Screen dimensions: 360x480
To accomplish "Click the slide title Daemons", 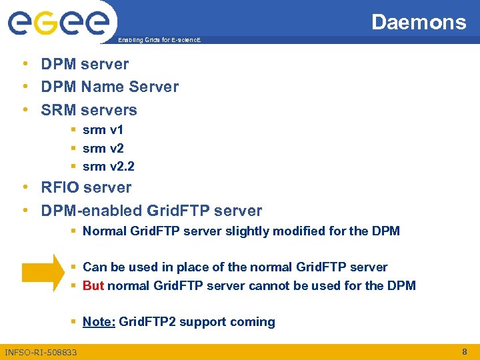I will point(419,22).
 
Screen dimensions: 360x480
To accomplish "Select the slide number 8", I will point(464,351).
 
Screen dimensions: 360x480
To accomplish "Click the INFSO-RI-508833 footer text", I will point(41,352).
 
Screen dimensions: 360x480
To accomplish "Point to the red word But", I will point(93,286).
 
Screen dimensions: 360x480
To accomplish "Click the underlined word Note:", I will point(99,322).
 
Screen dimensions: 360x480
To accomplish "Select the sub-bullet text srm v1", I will point(103,129).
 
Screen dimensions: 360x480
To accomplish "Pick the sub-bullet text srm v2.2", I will point(108,166).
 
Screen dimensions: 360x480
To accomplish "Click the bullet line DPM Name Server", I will point(110,87).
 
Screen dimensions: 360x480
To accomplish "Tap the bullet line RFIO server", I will point(86,187).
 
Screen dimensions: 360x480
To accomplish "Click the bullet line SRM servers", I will point(89,110).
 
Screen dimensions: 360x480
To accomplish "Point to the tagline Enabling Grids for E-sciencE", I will point(158,41).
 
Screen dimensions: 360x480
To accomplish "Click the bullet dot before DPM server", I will point(24,64).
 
